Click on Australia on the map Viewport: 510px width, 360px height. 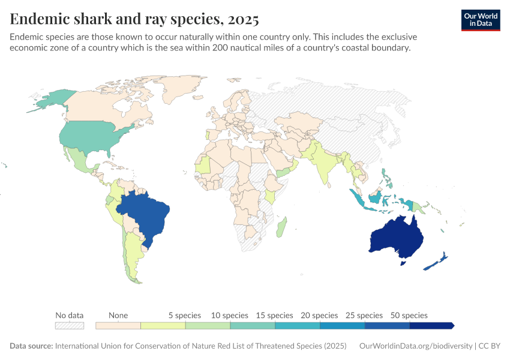[396, 237]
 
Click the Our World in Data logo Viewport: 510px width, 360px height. [481, 20]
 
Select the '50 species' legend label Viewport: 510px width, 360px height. [409, 315]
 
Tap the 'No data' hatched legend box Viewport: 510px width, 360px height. [69, 325]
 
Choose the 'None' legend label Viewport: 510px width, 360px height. [118, 315]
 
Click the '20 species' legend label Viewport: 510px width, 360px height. [319, 315]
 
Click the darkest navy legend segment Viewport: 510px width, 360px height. [431, 325]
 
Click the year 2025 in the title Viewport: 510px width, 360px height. [244, 20]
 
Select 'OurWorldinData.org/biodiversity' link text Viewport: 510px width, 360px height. [416, 346]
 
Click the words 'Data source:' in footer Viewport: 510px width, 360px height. [31, 346]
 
